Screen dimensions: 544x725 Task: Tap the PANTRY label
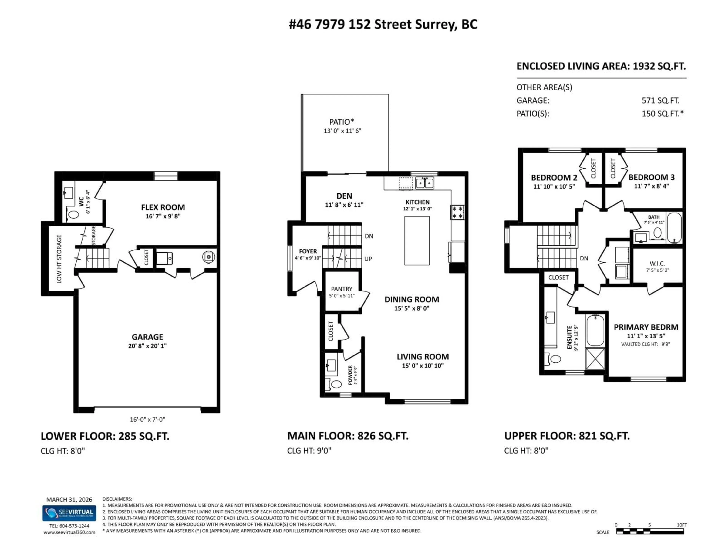[x=342, y=289]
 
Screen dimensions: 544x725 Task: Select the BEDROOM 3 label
[x=651, y=177]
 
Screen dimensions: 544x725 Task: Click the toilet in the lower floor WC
[x=73, y=215]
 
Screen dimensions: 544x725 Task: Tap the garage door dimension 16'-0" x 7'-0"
[x=147, y=419]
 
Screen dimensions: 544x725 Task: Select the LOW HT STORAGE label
[x=59, y=259]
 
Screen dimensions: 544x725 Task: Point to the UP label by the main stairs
[x=368, y=259]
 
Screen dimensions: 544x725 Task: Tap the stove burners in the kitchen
[x=457, y=212]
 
